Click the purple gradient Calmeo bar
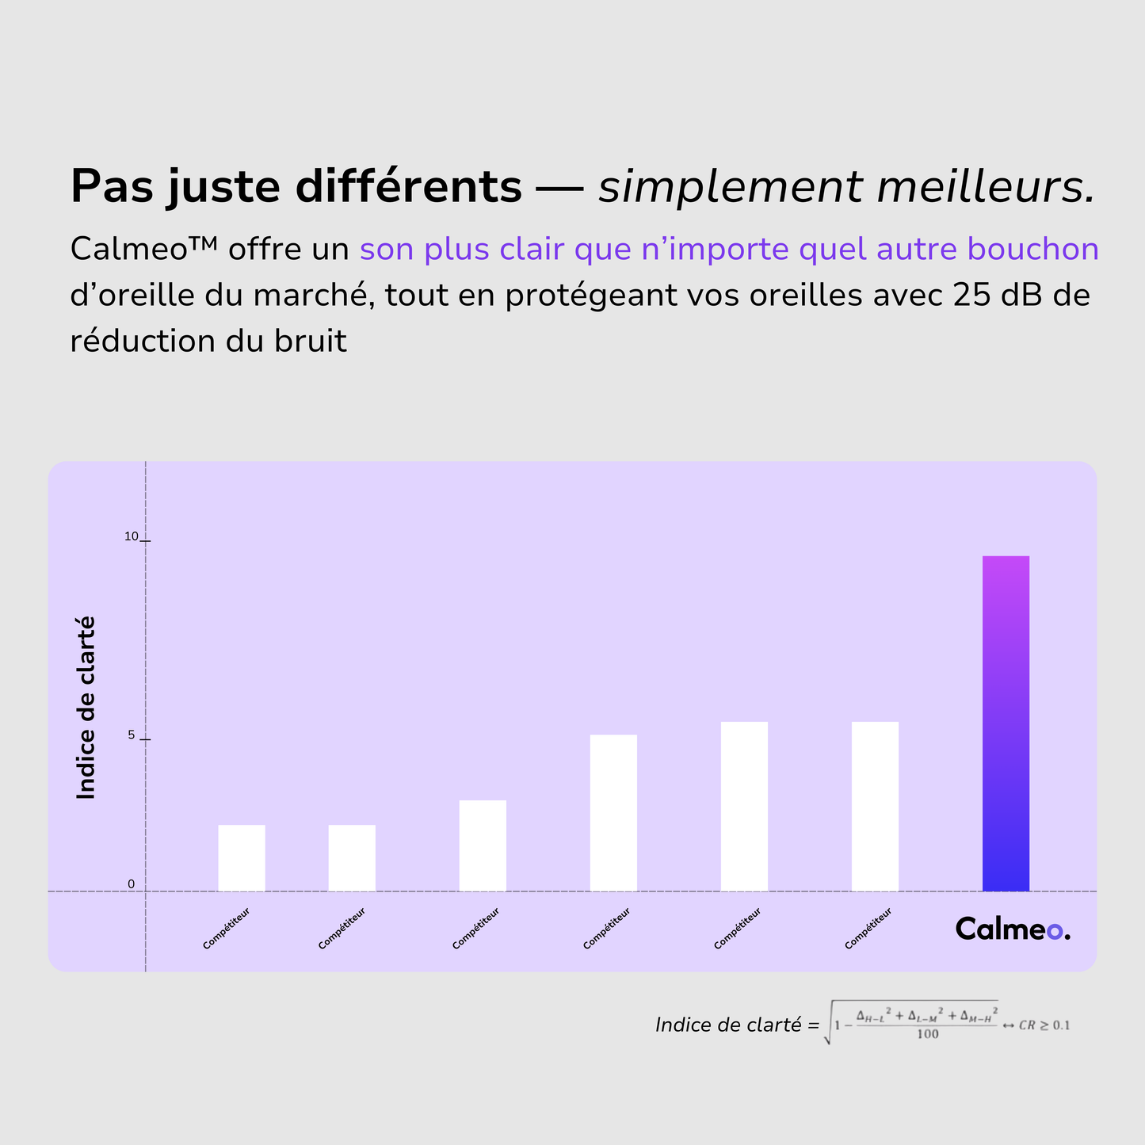click(x=1006, y=723)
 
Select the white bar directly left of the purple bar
click(x=875, y=806)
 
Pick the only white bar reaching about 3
click(x=483, y=845)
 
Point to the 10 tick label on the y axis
click(x=131, y=537)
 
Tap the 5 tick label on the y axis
click(x=132, y=735)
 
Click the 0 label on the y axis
click(x=132, y=884)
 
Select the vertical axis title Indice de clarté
click(x=86, y=708)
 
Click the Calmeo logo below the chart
click(x=1012, y=929)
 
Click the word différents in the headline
click(x=408, y=187)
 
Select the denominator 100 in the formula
click(x=927, y=1034)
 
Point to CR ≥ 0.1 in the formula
click(x=1044, y=1025)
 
